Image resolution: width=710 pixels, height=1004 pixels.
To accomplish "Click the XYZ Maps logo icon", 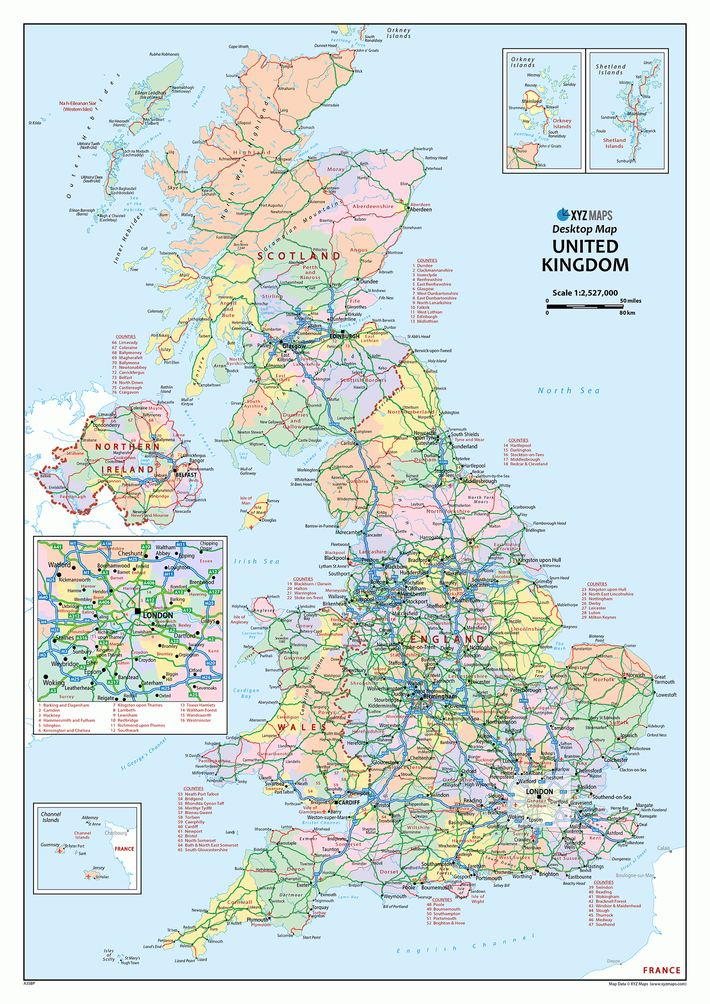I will pos(563,215).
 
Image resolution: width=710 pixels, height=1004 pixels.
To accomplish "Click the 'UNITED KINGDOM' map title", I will pos(586,256).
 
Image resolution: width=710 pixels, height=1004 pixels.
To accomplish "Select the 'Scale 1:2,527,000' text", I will pos(585,293).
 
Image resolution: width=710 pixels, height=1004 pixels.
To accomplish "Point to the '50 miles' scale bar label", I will pos(630,301).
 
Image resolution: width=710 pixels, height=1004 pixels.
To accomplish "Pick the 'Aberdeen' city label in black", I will pos(421,210).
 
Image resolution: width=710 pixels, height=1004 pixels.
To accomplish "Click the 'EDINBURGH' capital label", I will pos(345,336).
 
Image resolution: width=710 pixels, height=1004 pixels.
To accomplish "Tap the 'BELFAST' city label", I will pos(186,475).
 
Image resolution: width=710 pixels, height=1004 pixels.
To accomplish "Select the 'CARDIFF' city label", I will pos(349,802).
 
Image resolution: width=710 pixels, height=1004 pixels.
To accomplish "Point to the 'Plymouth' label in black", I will pos(257,919).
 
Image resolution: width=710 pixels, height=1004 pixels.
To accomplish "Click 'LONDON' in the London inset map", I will pos(158,615).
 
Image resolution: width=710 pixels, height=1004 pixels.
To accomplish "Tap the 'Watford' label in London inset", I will pos(59,565).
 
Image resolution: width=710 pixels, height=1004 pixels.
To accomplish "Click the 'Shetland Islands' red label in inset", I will pos(614,143).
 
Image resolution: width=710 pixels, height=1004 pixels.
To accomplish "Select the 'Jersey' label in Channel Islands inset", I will pos(98,868).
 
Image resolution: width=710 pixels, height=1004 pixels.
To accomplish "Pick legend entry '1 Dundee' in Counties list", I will pos(425,266).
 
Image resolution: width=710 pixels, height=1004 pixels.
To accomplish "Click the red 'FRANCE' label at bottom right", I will pos(662,970).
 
